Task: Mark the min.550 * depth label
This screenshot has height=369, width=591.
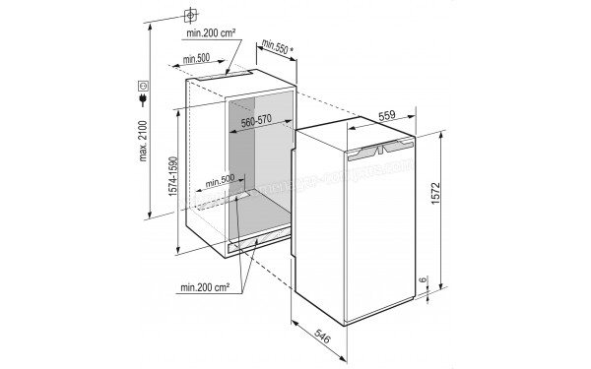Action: (x=278, y=45)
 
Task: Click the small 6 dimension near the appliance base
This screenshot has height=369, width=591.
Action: (x=423, y=281)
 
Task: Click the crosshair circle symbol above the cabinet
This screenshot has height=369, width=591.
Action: (x=189, y=15)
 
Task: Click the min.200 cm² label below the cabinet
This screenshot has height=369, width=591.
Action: (x=205, y=288)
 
